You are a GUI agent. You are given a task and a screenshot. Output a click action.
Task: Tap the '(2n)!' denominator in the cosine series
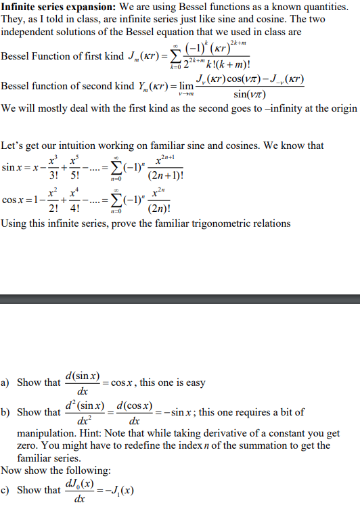(164, 209)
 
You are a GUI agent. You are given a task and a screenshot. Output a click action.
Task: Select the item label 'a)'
(7, 383)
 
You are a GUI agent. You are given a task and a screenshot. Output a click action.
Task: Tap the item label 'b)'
(7, 412)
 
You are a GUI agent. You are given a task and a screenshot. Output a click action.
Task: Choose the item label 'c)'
(7, 491)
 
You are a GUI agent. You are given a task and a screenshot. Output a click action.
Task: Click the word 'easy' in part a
(194, 383)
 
